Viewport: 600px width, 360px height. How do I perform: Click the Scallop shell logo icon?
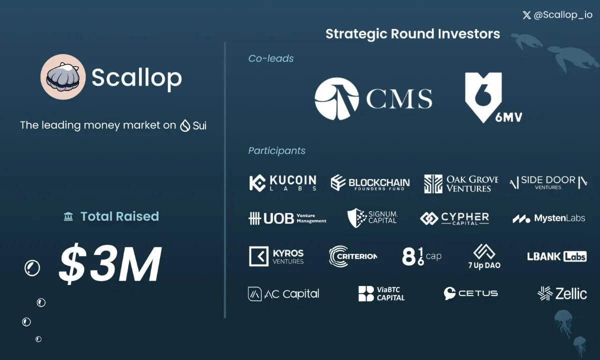[x=63, y=77]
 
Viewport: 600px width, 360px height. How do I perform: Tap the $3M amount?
[x=110, y=263]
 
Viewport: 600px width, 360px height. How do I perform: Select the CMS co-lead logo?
[x=373, y=99]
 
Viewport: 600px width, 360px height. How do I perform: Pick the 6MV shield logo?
[x=493, y=98]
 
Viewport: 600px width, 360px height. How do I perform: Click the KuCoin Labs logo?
[x=283, y=183]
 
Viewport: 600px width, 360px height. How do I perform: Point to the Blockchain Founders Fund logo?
[x=370, y=183]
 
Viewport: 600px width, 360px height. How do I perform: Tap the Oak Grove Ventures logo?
[x=461, y=184]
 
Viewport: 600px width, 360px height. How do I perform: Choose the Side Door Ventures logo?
[x=548, y=182]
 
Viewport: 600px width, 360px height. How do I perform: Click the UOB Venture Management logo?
[x=287, y=218]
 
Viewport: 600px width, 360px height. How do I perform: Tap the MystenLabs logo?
[x=549, y=218]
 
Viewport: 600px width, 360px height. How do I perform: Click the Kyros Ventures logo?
[x=276, y=256]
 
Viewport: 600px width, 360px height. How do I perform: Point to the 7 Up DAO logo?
[x=484, y=256]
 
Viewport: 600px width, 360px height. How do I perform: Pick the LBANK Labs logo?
[x=557, y=256]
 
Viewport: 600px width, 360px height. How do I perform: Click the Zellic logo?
[x=562, y=293]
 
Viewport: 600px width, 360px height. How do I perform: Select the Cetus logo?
[x=470, y=293]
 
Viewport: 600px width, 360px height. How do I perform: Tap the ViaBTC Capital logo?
[x=381, y=293]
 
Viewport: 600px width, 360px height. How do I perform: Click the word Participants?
[x=276, y=151]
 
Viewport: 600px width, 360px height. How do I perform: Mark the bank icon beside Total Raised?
[x=68, y=216]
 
